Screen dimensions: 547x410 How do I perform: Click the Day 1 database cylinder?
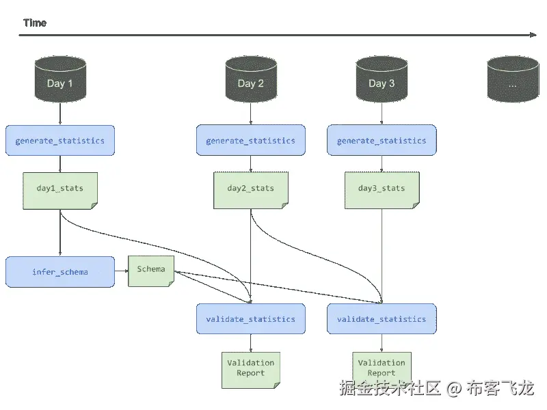click(60, 79)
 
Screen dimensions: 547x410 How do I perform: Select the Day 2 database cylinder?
click(251, 79)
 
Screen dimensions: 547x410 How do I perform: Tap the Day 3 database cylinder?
click(382, 79)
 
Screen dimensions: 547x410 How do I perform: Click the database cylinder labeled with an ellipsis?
click(513, 79)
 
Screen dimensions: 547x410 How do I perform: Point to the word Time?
click(35, 23)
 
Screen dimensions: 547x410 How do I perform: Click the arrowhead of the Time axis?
click(533, 35)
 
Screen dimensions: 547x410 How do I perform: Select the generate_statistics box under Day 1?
click(60, 140)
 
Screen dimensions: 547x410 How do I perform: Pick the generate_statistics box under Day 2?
click(251, 140)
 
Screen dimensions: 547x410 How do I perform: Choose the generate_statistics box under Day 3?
click(382, 140)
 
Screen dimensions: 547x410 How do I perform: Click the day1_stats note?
click(60, 191)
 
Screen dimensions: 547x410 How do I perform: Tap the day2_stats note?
click(251, 191)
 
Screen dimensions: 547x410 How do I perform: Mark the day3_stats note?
click(382, 191)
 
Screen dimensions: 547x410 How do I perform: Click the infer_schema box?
click(60, 272)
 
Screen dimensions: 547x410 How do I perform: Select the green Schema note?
click(151, 271)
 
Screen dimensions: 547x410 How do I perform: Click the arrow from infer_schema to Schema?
click(122, 271)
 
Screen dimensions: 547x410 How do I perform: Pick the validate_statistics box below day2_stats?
click(251, 318)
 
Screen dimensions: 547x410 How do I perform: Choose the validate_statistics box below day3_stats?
click(382, 318)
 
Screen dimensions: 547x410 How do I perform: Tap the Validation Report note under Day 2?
click(251, 370)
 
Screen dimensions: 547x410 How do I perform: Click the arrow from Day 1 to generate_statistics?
click(60, 113)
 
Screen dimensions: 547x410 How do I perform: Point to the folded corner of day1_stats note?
click(94, 206)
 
